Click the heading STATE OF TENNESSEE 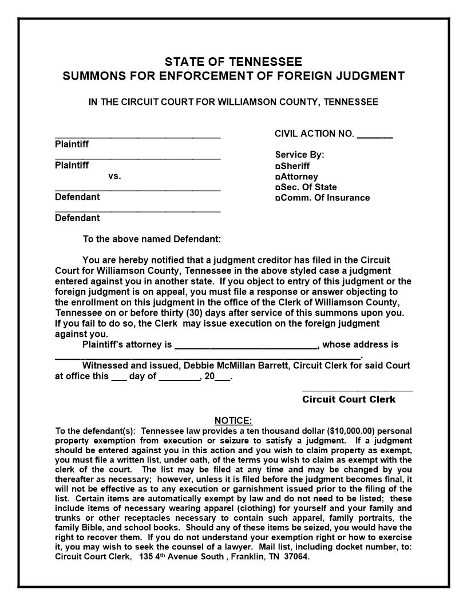pyautogui.click(x=233, y=62)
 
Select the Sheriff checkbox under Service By pyautogui.click(x=278, y=166)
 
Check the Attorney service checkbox pyautogui.click(x=278, y=177)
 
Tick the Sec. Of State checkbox pyautogui.click(x=278, y=187)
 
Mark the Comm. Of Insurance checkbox pyautogui.click(x=278, y=198)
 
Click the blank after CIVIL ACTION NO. pyautogui.click(x=375, y=135)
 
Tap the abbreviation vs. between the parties pyautogui.click(x=114, y=176)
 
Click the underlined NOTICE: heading pyautogui.click(x=233, y=421)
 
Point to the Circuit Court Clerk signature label pyautogui.click(x=349, y=399)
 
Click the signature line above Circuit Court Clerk pyautogui.click(x=357, y=390)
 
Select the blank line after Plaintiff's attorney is pyautogui.click(x=246, y=346)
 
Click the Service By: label pyautogui.click(x=299, y=155)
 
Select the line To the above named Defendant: pyautogui.click(x=152, y=239)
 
